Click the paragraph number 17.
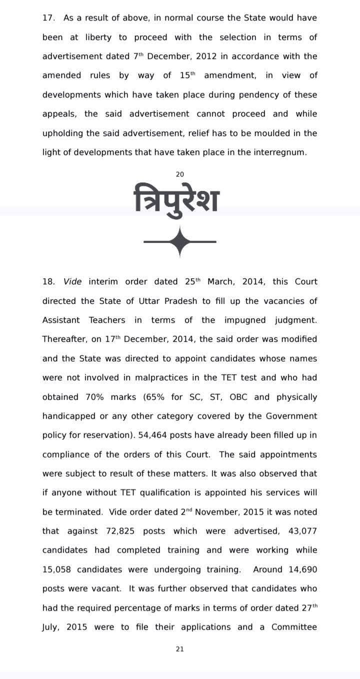[48, 18]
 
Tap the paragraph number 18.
[48, 281]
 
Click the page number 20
[180, 174]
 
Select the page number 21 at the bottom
[180, 649]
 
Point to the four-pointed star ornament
[180, 242]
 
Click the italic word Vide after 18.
[73, 281]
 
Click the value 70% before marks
[94, 397]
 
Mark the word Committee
[294, 627]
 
